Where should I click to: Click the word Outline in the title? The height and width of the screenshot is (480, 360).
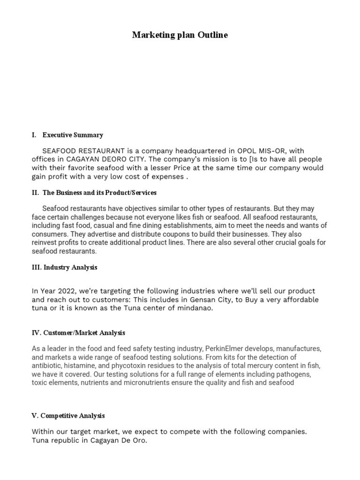(213, 35)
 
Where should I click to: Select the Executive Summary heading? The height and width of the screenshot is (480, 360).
(73, 135)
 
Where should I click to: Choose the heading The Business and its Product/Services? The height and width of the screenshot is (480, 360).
(99, 193)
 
